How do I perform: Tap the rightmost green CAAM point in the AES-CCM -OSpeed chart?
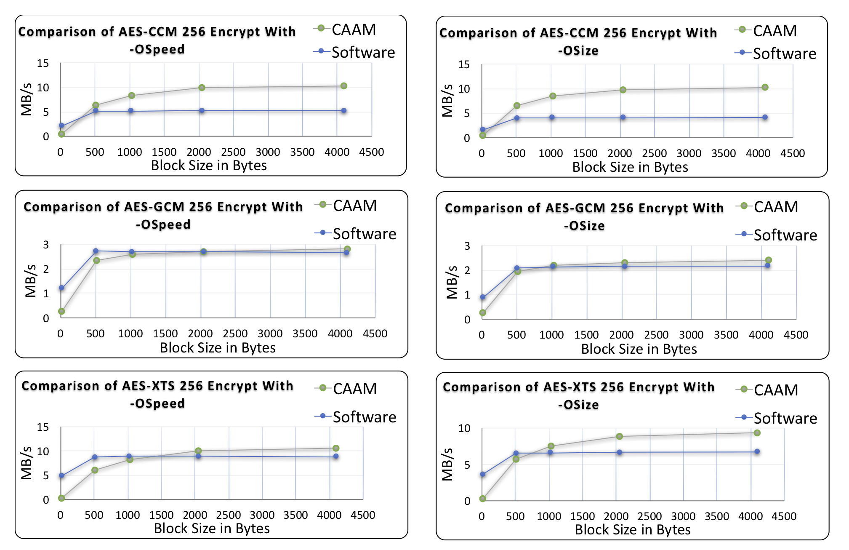click(344, 86)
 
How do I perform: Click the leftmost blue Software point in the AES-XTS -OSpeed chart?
click(61, 475)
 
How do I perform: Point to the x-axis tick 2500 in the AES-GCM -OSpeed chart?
click(235, 334)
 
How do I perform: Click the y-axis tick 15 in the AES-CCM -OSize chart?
click(464, 65)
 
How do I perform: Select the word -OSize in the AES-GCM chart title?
click(584, 226)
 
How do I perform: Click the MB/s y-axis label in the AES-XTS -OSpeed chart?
click(26, 463)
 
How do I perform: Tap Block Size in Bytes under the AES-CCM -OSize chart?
click(630, 167)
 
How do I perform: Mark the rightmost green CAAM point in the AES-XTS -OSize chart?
click(757, 433)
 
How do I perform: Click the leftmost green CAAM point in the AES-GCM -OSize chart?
click(483, 313)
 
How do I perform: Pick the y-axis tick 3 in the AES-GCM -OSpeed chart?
click(46, 245)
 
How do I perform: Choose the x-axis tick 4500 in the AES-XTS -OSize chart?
click(784, 516)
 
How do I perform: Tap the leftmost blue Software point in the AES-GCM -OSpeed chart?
click(61, 288)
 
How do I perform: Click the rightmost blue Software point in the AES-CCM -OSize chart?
click(765, 117)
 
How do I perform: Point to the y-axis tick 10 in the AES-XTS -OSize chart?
click(464, 429)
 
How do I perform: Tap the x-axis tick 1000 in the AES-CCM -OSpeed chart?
click(130, 152)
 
